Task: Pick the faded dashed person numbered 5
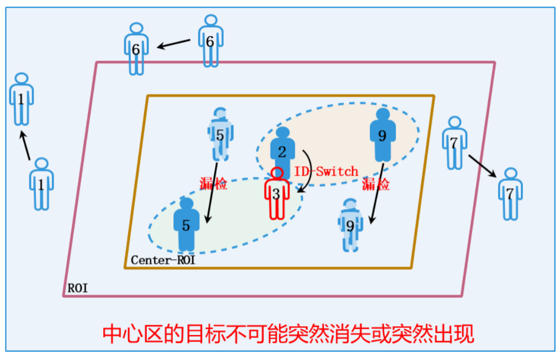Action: point(220,133)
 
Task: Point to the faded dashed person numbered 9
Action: point(350,225)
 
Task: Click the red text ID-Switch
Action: point(325,172)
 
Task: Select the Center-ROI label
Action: point(163,260)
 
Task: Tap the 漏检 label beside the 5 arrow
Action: point(214,184)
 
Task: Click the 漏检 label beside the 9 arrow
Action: point(376,184)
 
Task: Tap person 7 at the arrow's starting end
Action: point(454,142)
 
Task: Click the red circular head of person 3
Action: point(277,174)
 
